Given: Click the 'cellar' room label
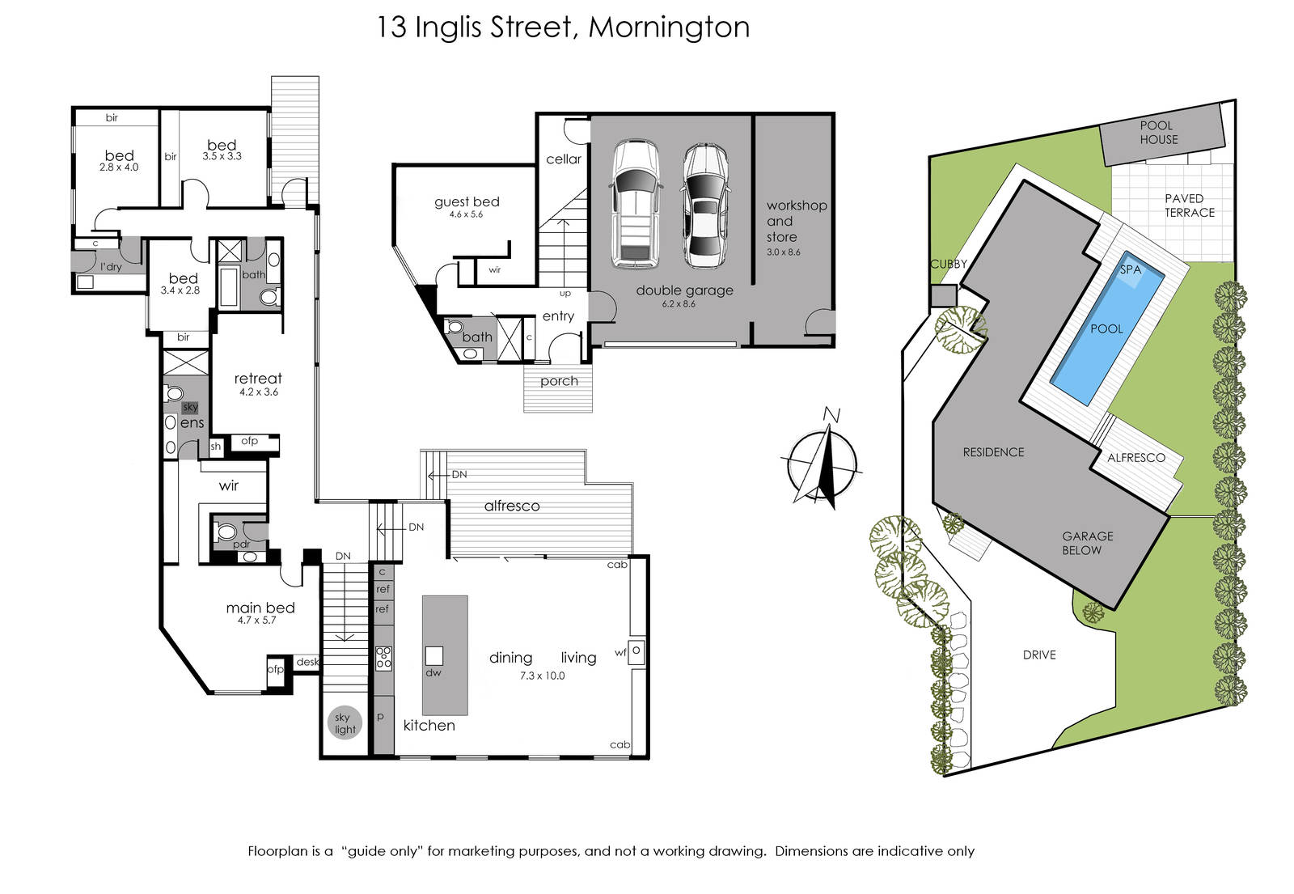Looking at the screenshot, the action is click(x=564, y=159).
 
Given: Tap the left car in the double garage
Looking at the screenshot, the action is click(x=635, y=203).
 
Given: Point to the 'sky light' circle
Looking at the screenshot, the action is click(x=345, y=723).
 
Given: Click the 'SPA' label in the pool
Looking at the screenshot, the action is click(x=1131, y=270).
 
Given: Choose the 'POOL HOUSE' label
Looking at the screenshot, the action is click(x=1159, y=133).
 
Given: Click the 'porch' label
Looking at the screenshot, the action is click(x=559, y=381).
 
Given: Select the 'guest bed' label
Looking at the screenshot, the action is click(x=467, y=201).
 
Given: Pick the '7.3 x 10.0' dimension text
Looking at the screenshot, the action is click(x=542, y=676).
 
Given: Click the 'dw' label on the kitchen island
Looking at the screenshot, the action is click(x=433, y=672).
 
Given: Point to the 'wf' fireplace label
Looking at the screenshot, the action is click(x=620, y=652).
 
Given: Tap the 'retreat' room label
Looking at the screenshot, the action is click(x=258, y=379).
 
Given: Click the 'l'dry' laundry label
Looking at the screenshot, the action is click(x=111, y=266).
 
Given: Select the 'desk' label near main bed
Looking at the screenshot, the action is click(x=307, y=663).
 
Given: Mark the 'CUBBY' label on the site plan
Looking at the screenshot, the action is click(x=948, y=264).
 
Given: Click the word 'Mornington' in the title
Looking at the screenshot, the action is click(x=669, y=28).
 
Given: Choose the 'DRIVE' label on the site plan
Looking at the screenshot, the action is click(x=1039, y=655).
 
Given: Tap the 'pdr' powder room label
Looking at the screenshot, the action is click(x=242, y=544).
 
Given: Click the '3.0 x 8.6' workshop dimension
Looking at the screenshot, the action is click(x=784, y=252).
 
